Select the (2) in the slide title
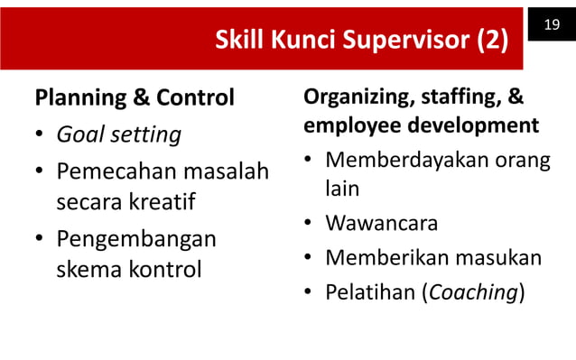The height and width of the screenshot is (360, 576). click(x=488, y=41)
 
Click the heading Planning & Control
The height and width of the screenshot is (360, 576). click(x=135, y=97)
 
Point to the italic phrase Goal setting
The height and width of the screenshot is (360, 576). click(x=118, y=135)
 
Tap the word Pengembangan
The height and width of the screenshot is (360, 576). click(x=136, y=239)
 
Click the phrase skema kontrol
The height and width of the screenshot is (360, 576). click(x=129, y=268)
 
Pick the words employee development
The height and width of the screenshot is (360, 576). click(x=422, y=125)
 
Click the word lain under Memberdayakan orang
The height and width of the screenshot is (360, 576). click(x=342, y=189)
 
